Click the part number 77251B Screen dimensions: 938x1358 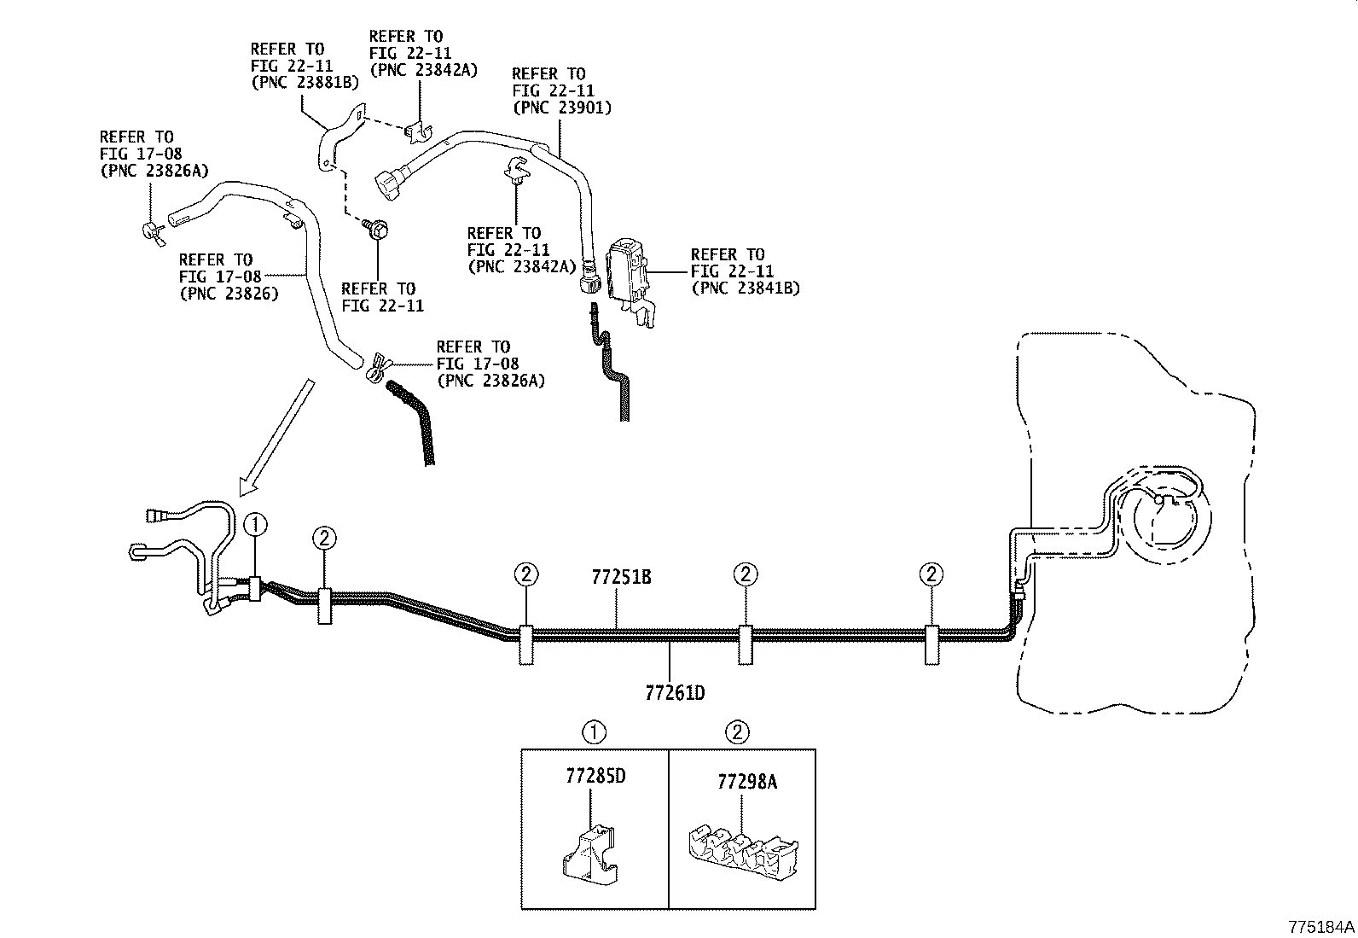[x=621, y=577]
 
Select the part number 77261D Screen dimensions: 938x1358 [x=675, y=692]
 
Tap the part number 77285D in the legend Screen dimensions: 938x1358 [x=595, y=778]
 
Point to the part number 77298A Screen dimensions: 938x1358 [x=746, y=782]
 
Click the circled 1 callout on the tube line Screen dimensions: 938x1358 [x=256, y=526]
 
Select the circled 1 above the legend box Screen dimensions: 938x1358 [x=595, y=731]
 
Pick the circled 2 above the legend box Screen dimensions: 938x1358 [x=739, y=731]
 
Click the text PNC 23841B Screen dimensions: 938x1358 [x=745, y=288]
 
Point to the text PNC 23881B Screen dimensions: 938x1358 [x=305, y=83]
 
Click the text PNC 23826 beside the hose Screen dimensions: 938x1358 [x=229, y=294]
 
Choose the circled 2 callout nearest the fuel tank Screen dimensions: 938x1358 [x=931, y=574]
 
